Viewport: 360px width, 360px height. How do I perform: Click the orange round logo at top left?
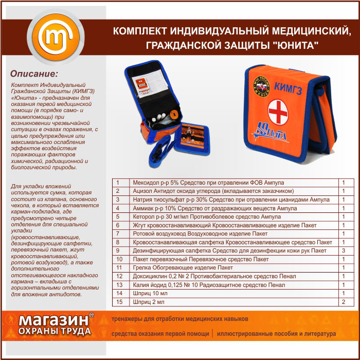[x=56, y=37]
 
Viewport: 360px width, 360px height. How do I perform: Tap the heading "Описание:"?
[x=34, y=74]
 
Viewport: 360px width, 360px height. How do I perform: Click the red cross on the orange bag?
[x=278, y=112]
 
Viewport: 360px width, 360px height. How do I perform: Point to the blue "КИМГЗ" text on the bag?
[x=288, y=88]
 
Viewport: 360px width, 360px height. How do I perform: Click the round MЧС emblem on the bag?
[x=261, y=86]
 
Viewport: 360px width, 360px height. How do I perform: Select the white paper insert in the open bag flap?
[x=150, y=84]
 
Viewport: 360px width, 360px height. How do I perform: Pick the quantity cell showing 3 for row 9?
[x=344, y=250]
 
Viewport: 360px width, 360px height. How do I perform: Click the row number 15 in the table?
[x=119, y=302]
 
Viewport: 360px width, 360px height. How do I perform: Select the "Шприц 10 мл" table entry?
[x=150, y=293]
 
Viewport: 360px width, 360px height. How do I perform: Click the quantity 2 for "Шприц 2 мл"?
[x=344, y=302]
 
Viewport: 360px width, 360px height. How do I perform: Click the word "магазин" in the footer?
[x=53, y=320]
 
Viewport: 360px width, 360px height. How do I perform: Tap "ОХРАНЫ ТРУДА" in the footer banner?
[x=55, y=331]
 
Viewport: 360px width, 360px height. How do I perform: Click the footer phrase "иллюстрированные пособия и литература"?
[x=276, y=333]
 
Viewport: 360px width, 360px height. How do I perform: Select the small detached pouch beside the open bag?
[x=192, y=139]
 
